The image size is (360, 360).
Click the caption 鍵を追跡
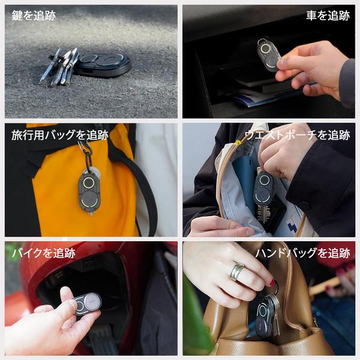pyautogui.click(x=34, y=16)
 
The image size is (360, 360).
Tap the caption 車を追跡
pyautogui.click(x=328, y=16)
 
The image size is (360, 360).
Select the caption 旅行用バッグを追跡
pyautogui.click(x=59, y=135)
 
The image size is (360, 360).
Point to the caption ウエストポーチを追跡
pyautogui.click(x=298, y=135)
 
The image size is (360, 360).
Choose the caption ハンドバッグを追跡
pyautogui.click(x=303, y=253)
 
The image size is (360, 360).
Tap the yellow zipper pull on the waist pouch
pyautogui.click(x=238, y=143)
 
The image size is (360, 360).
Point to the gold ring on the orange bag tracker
pyautogui.click(x=89, y=182)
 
